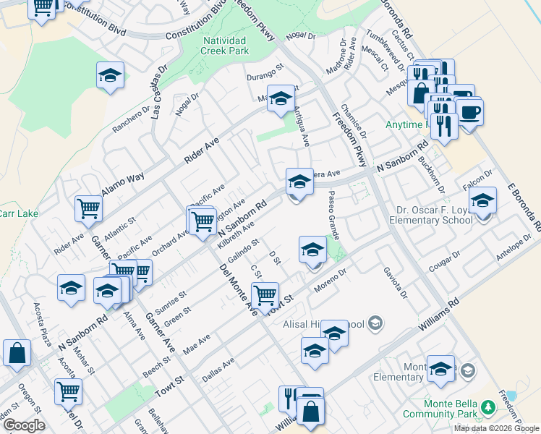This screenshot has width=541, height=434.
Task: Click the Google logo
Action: tap(24, 425)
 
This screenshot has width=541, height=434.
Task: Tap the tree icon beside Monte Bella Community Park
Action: tap(489, 408)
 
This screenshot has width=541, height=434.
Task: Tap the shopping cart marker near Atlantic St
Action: tap(88, 209)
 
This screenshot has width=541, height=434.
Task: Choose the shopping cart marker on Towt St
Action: tap(265, 294)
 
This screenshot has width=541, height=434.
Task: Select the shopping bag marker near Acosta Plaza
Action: tap(17, 353)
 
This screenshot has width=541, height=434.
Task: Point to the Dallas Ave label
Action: tap(219, 369)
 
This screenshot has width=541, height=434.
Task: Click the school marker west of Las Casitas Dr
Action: tap(110, 75)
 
